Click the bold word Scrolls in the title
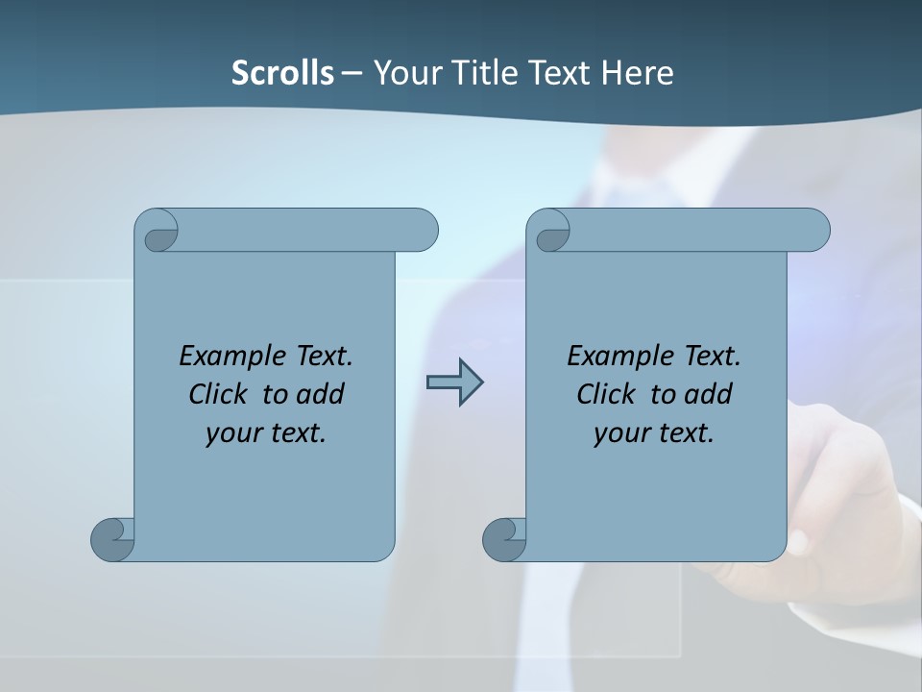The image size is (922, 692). click(x=283, y=72)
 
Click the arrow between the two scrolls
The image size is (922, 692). click(x=454, y=383)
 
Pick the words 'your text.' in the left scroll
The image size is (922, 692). click(x=266, y=433)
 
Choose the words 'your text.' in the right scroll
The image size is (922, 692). click(x=654, y=433)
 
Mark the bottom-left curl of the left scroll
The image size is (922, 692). click(x=113, y=538)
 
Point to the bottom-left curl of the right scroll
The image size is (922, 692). click(x=504, y=538)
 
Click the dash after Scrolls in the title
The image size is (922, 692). click(x=352, y=72)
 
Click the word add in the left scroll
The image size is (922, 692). click(x=321, y=394)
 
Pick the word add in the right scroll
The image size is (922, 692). click(x=709, y=394)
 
